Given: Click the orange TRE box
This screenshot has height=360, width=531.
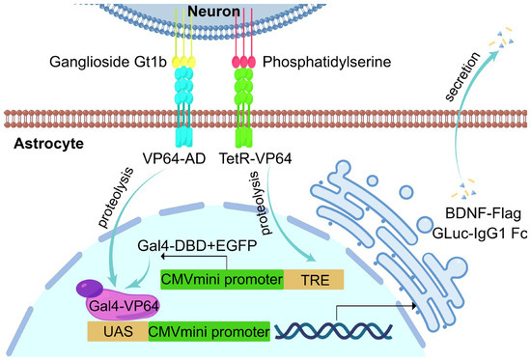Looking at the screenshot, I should [315, 281].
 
